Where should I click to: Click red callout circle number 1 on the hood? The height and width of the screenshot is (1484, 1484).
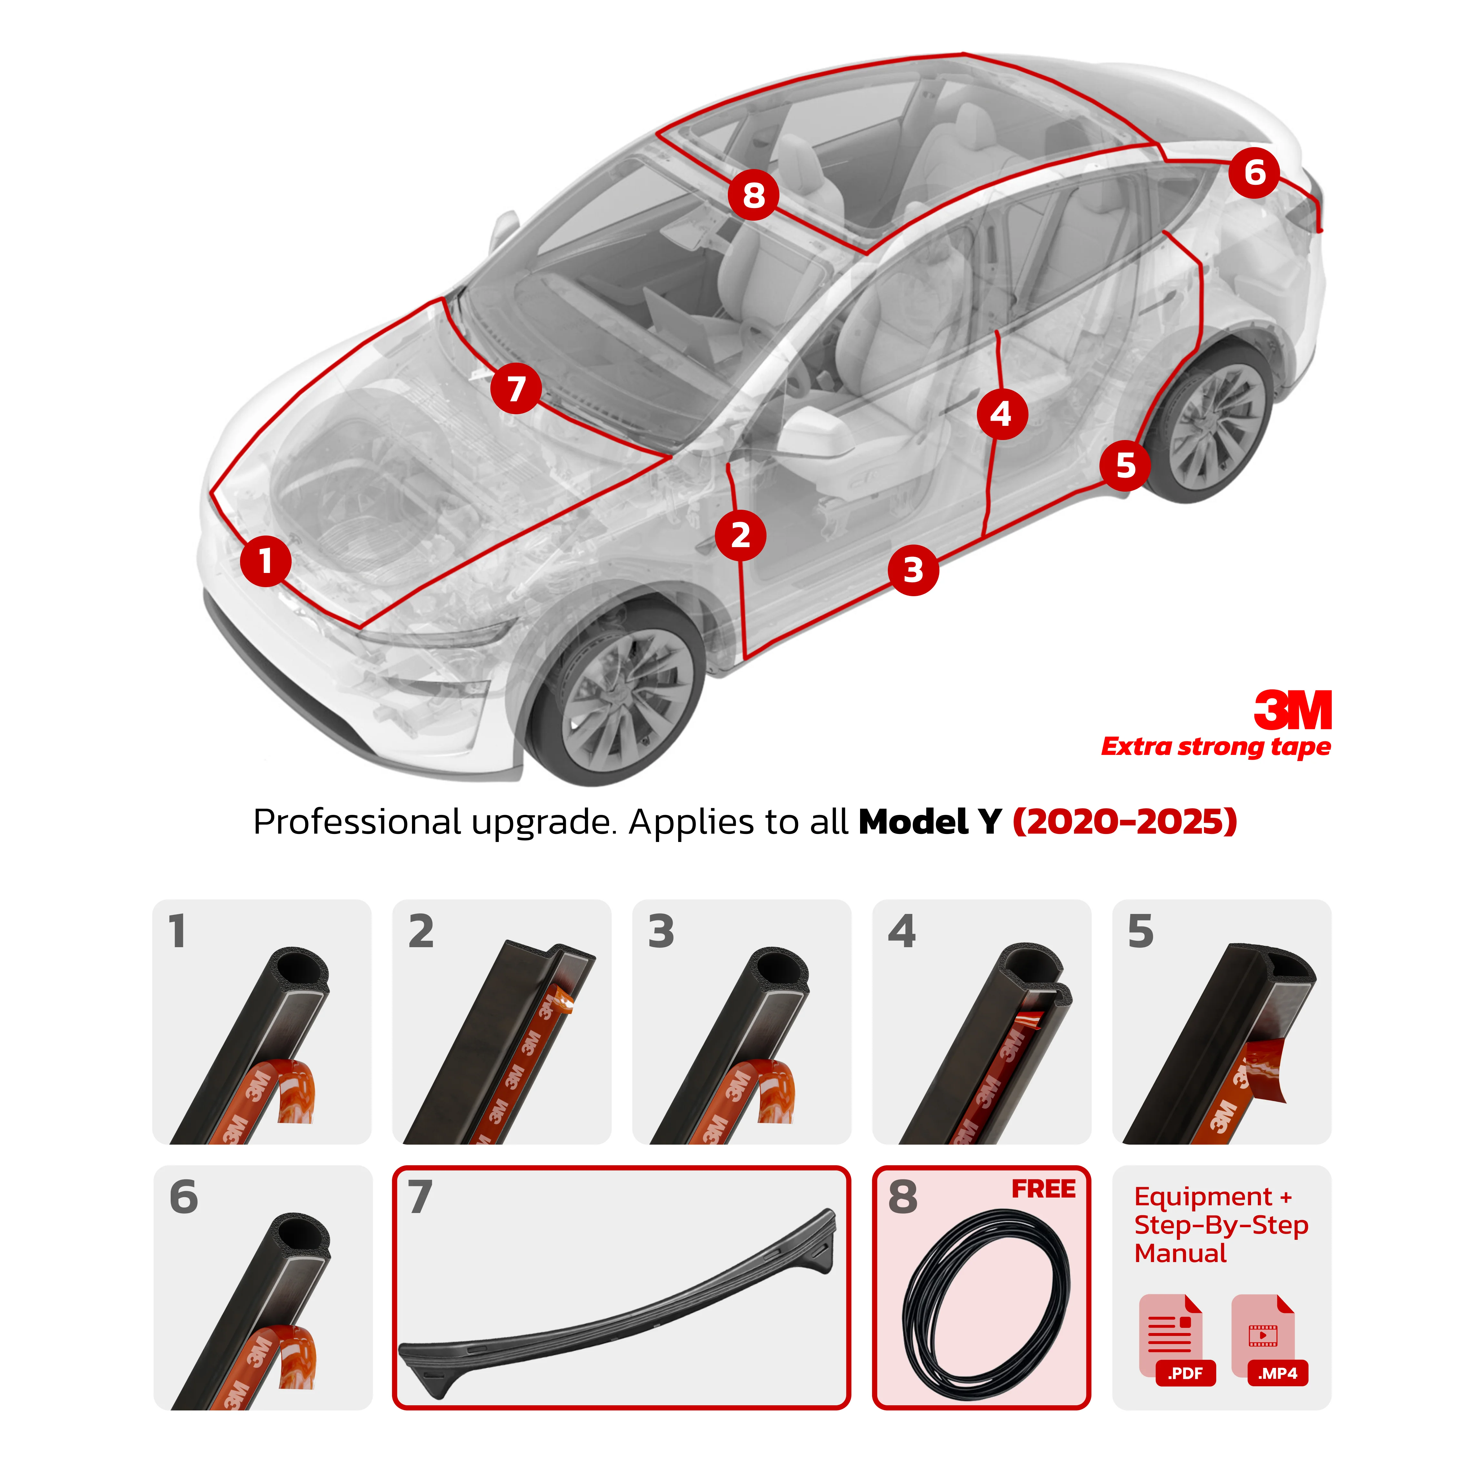[265, 561]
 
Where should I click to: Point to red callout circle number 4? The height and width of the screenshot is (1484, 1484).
[1002, 414]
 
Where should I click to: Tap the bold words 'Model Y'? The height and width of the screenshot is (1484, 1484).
[929, 822]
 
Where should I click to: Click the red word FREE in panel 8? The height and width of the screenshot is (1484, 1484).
[1043, 1189]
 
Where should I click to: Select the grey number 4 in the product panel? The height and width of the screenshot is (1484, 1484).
[901, 932]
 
